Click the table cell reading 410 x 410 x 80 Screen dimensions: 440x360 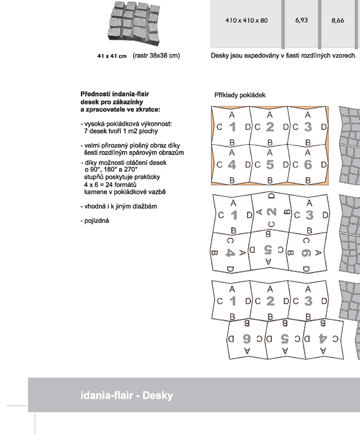[x=247, y=20]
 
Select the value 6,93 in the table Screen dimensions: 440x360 [x=301, y=20]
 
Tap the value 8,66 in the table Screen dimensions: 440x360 [x=338, y=20]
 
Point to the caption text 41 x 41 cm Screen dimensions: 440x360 [x=112, y=56]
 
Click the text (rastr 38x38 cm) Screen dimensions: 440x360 [x=157, y=55]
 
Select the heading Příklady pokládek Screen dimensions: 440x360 [x=240, y=95]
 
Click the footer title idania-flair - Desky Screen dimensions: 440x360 [x=126, y=396]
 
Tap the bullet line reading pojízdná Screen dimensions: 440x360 [x=95, y=220]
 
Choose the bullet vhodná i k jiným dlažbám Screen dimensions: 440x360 [x=119, y=206]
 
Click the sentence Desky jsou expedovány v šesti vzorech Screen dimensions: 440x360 [x=283, y=56]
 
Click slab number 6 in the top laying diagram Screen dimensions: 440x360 [x=307, y=164]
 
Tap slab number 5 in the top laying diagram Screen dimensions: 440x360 [x=270, y=164]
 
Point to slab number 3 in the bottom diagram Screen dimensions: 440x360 [x=307, y=301]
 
